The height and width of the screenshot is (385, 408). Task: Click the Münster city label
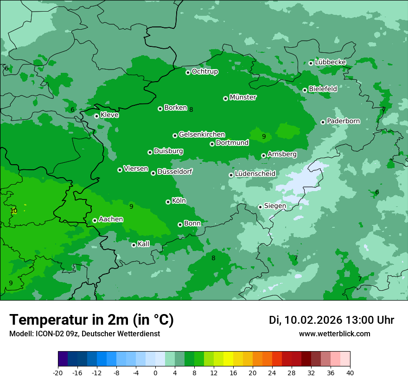click(243, 97)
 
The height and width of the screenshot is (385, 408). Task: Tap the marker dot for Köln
click(168, 202)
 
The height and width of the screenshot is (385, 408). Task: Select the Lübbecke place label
click(330, 62)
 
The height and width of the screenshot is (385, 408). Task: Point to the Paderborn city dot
click(323, 122)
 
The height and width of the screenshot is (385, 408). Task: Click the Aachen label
click(111, 219)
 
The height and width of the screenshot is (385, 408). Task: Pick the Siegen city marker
click(260, 207)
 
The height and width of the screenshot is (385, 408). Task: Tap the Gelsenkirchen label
click(202, 135)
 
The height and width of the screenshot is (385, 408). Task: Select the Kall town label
click(144, 244)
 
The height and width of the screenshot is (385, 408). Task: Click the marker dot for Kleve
click(96, 116)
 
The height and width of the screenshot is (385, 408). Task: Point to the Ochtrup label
click(205, 71)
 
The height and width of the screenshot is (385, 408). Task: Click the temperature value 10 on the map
click(13, 211)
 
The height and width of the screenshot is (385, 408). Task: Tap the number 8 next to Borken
click(191, 109)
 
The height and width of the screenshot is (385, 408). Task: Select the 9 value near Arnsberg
click(264, 136)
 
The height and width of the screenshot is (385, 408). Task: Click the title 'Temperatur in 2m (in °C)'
click(92, 320)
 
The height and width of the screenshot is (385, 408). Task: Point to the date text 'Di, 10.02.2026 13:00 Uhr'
click(331, 320)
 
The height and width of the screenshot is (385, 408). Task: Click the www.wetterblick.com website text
click(334, 334)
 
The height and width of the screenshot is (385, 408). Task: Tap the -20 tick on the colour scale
click(58, 372)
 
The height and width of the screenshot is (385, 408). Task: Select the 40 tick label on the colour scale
click(350, 372)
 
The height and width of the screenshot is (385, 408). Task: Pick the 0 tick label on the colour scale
click(155, 372)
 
